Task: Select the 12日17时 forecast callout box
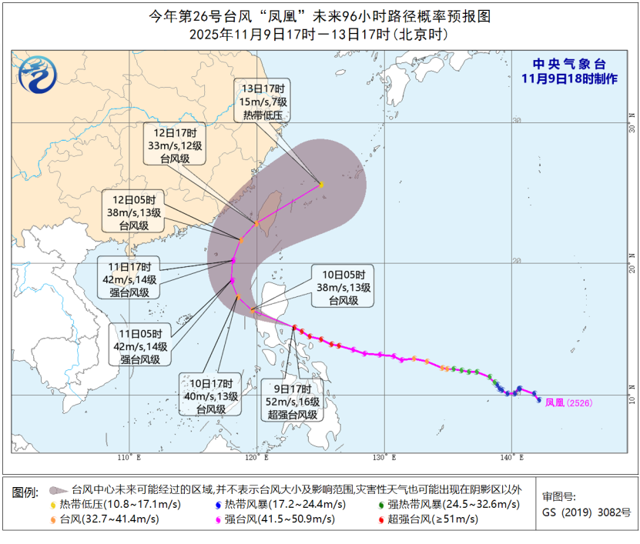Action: click(x=174, y=144)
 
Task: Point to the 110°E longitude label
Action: click(x=129, y=458)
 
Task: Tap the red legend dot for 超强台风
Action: click(x=382, y=519)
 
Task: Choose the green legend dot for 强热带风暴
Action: click(x=382, y=504)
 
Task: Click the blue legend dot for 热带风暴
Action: click(x=218, y=504)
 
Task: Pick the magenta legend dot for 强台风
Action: click(x=218, y=519)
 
